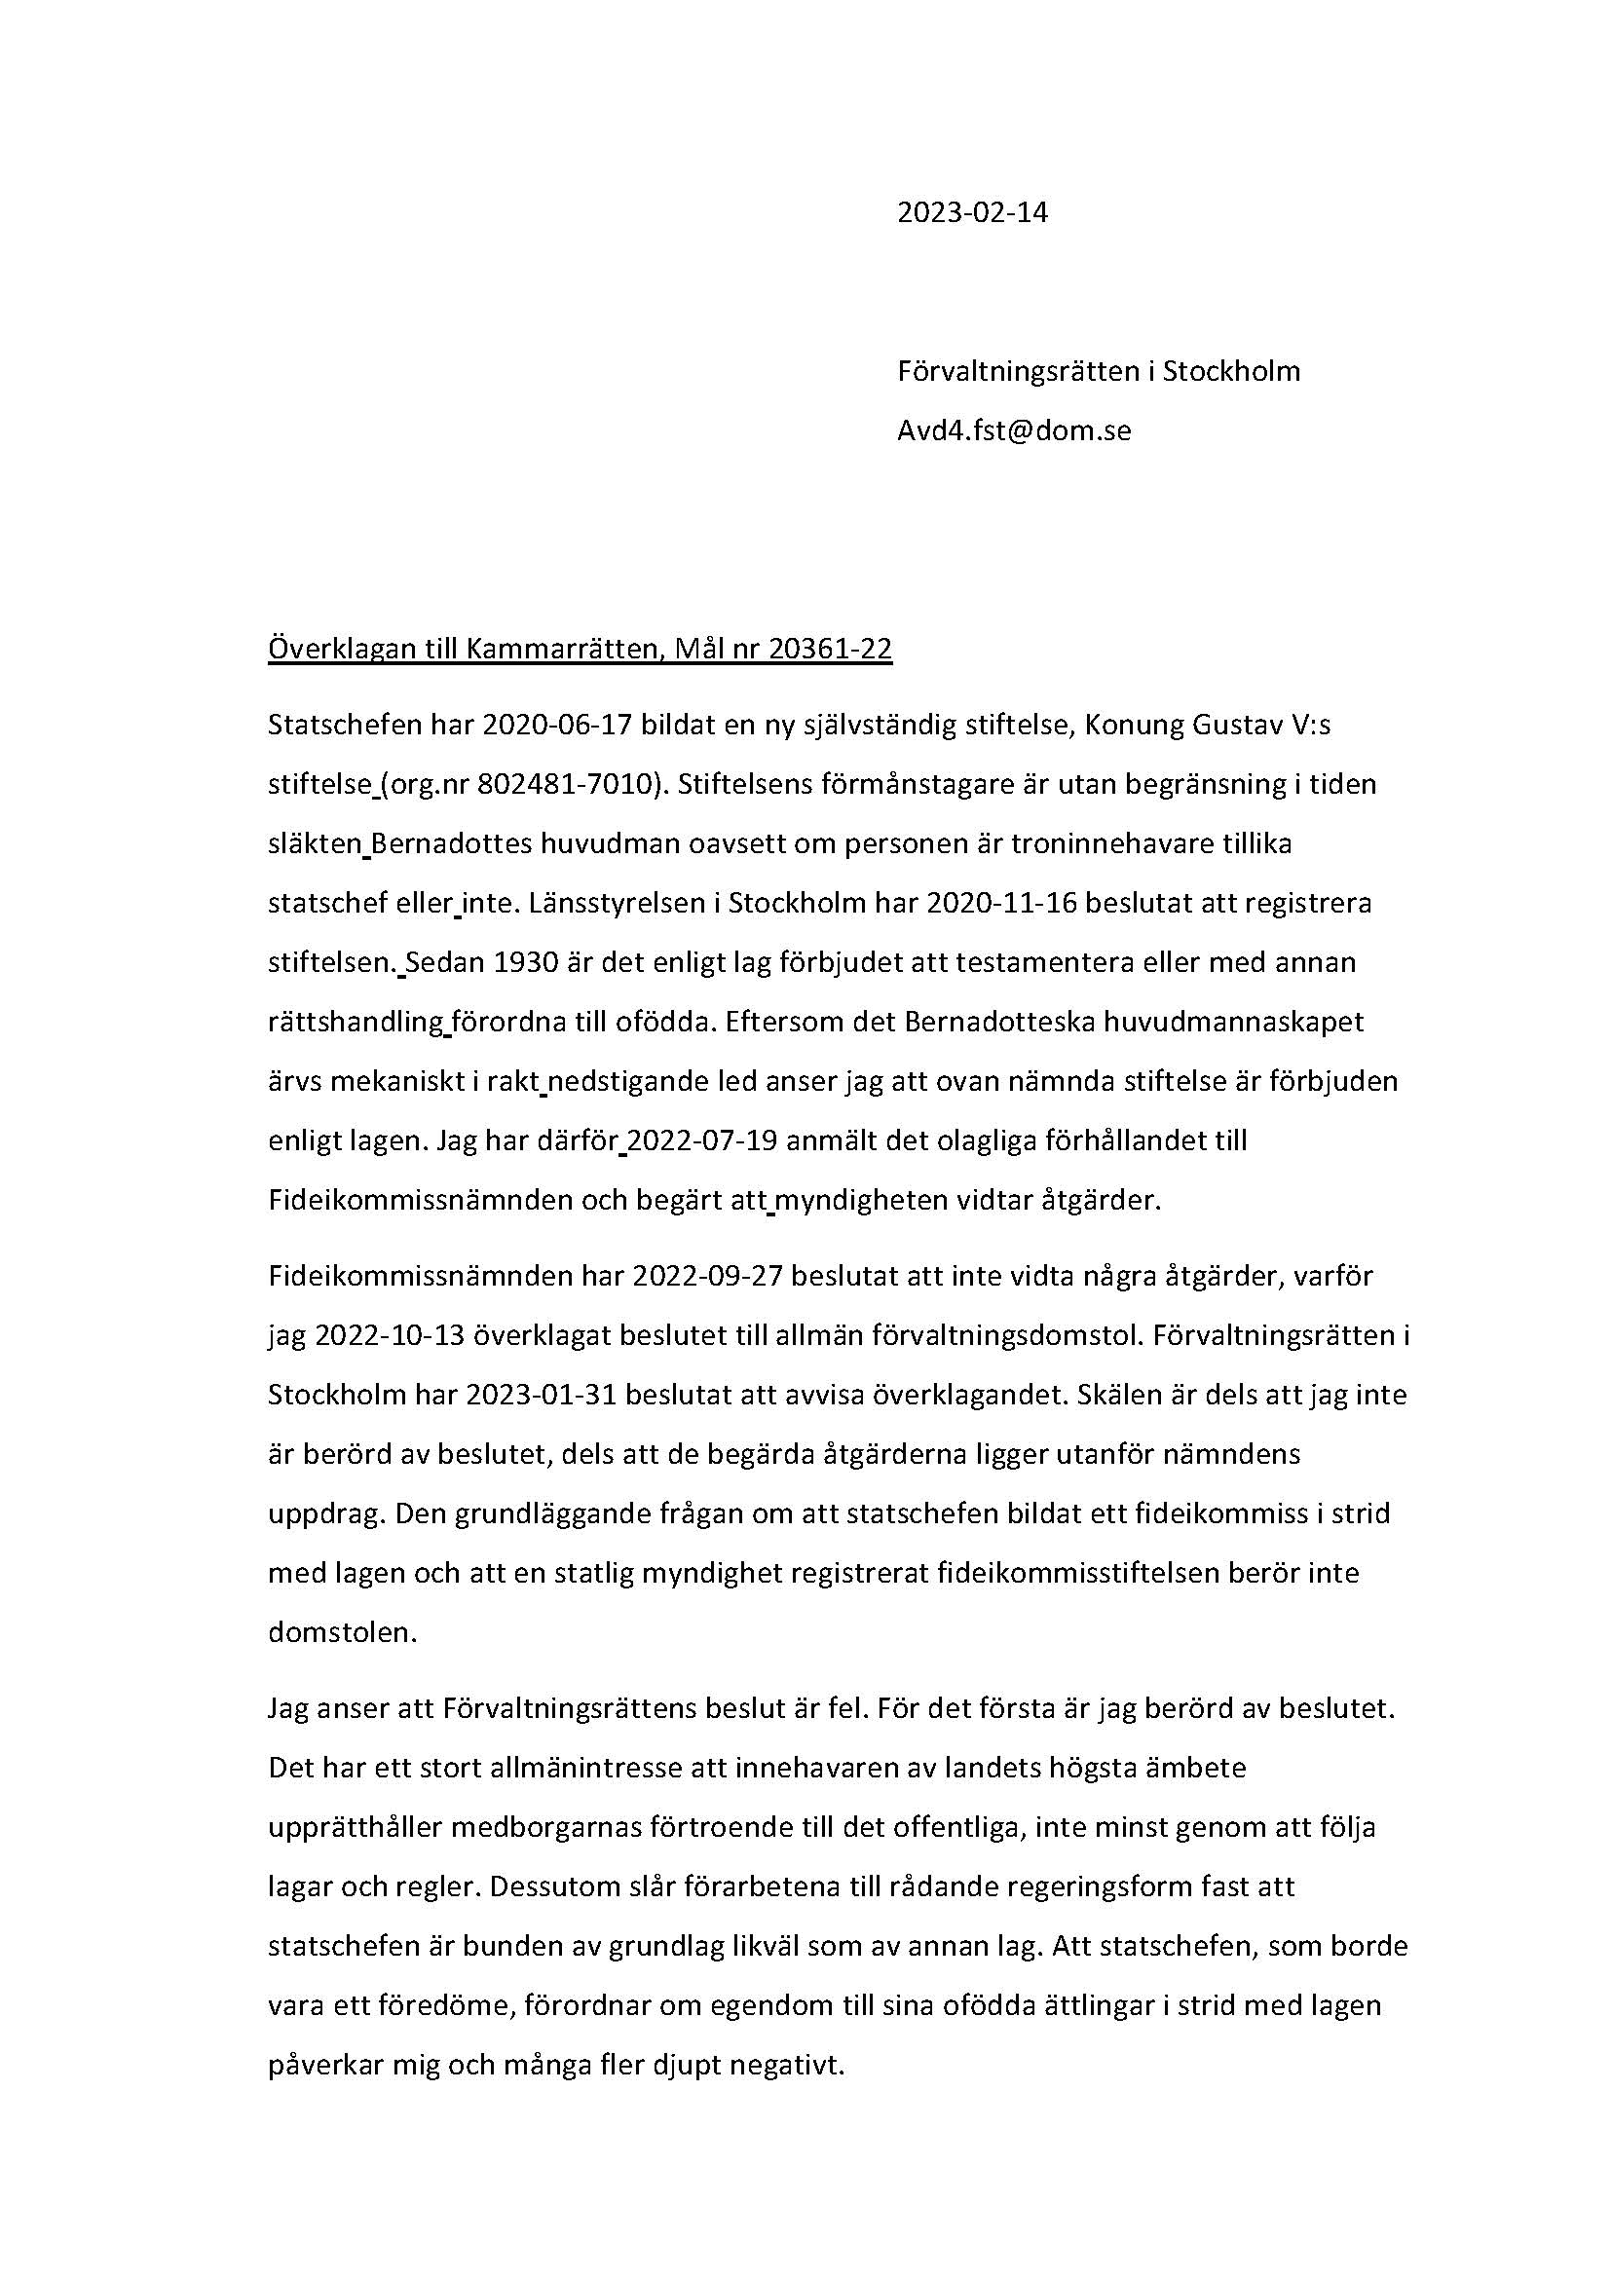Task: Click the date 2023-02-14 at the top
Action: [971, 213]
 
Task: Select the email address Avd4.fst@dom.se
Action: [1014, 431]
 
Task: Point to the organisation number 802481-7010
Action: [568, 785]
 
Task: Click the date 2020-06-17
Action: [556, 726]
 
